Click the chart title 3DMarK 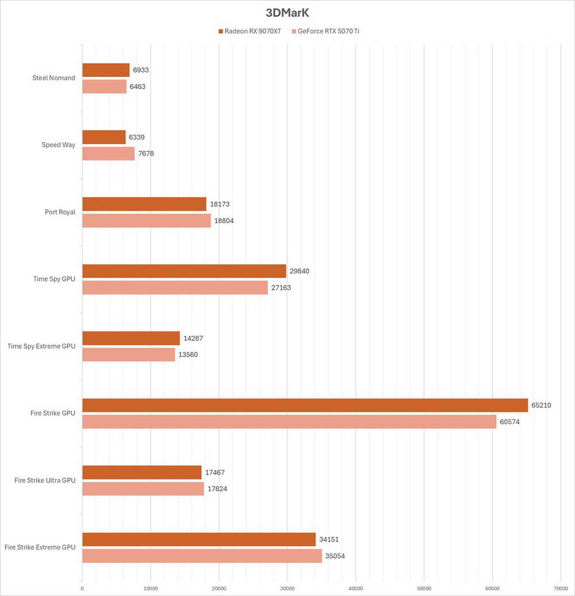click(287, 13)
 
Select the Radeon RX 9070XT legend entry click(250, 31)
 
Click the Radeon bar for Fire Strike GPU click(305, 406)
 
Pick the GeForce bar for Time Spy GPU click(175, 288)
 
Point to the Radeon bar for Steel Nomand click(106, 70)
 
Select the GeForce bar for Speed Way click(108, 153)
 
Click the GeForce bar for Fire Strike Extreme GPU click(202, 556)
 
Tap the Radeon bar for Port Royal click(145, 204)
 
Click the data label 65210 click(541, 406)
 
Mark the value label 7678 click(146, 153)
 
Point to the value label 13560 click(188, 355)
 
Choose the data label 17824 click(217, 489)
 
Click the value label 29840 click(299, 271)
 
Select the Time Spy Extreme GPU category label click(41, 346)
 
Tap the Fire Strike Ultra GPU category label click(45, 480)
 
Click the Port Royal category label click(60, 212)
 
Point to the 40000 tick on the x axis click(356, 588)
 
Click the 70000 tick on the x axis click(561, 588)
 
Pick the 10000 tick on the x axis click(151, 588)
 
